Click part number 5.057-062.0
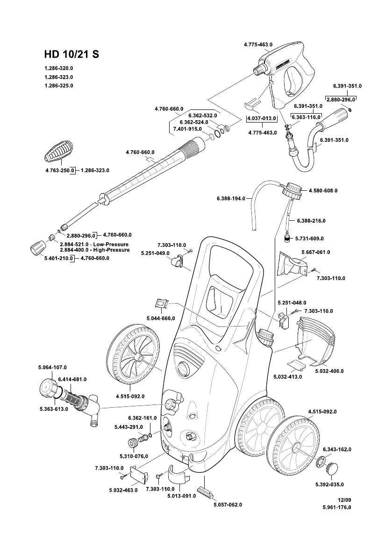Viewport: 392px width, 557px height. pos(228,505)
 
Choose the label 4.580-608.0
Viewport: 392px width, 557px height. pos(323,191)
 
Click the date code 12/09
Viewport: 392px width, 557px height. pos(344,500)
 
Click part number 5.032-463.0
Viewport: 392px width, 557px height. pos(123,490)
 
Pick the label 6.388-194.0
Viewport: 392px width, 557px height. pos(231,199)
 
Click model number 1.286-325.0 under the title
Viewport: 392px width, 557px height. pos(59,86)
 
